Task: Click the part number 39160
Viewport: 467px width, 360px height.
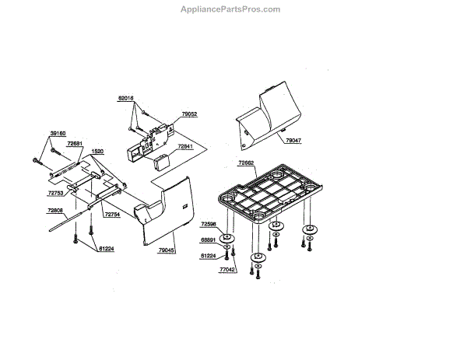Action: coord(58,133)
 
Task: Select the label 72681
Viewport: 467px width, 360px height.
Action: coord(75,143)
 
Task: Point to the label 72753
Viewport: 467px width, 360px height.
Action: coord(55,192)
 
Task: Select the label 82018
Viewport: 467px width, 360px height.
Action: coord(126,99)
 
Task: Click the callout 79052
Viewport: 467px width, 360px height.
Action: coord(189,114)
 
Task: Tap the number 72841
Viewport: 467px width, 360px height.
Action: coord(185,145)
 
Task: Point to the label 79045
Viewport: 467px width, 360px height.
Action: coord(167,250)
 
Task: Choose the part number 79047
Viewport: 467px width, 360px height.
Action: coord(293,141)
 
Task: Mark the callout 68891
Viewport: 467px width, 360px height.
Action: coord(209,239)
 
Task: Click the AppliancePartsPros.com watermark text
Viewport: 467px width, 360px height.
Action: coord(230,9)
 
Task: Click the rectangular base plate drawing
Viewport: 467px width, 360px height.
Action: coord(269,191)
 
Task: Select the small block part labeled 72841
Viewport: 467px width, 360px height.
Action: coord(163,163)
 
